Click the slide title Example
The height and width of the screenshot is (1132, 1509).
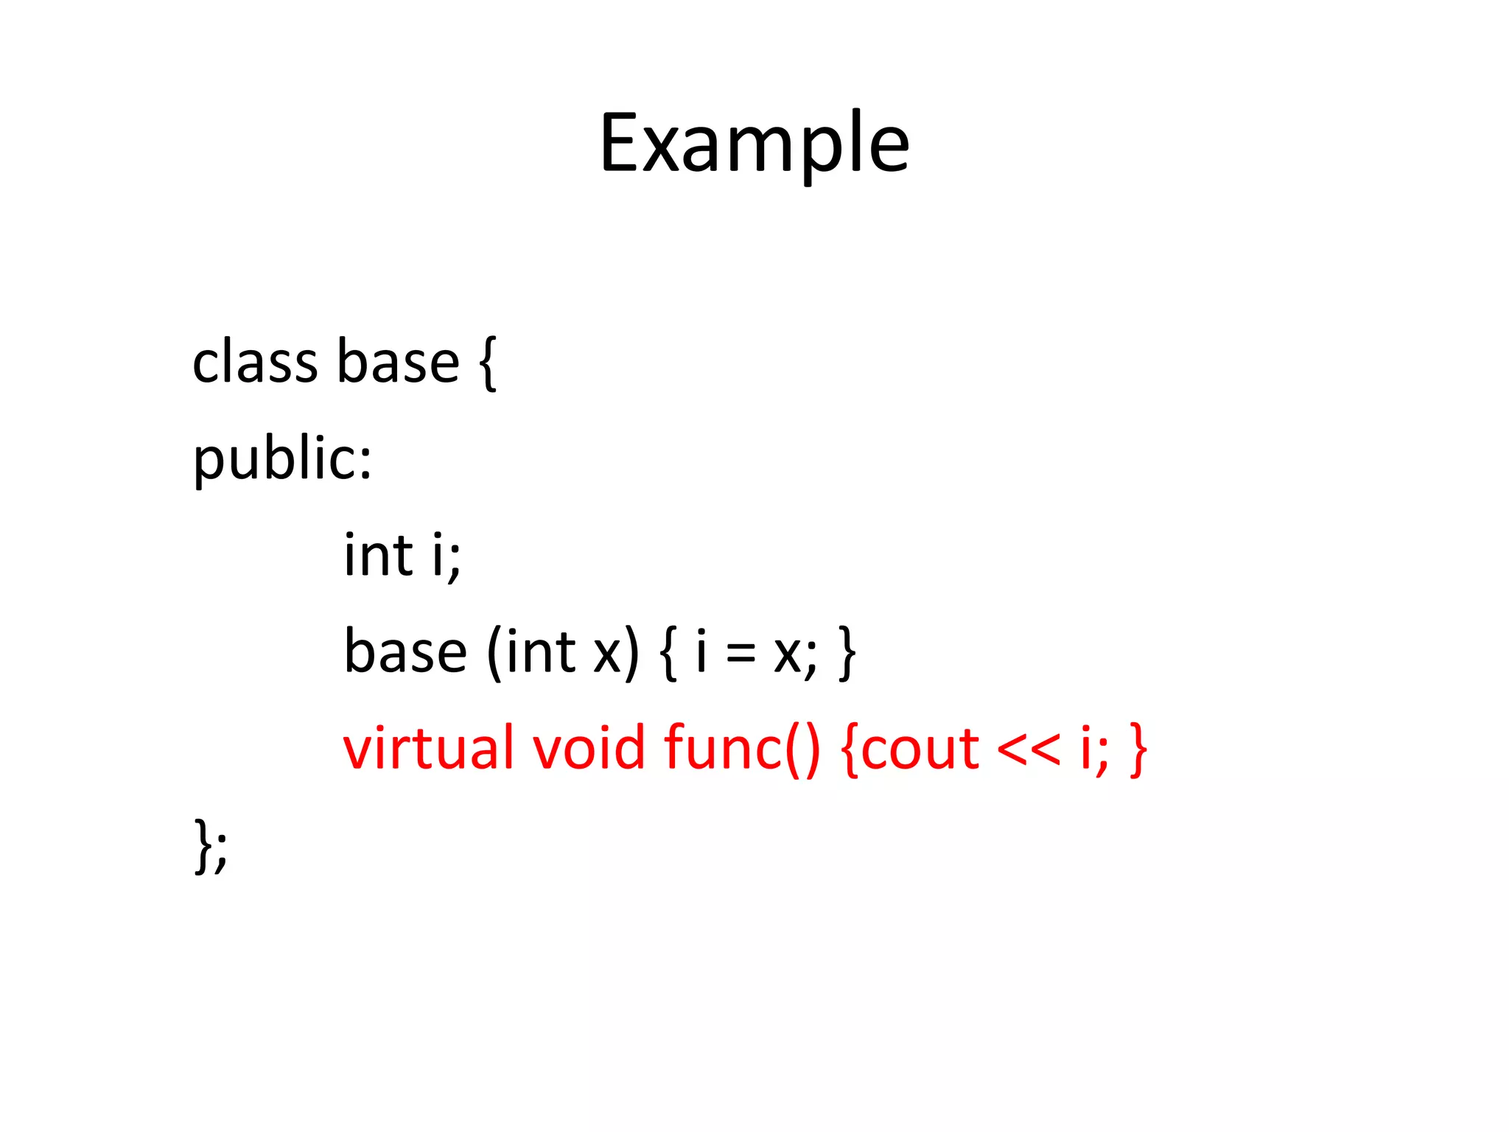pos(754,144)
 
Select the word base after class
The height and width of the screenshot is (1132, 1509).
pos(398,362)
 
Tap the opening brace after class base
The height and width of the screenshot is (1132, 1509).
pos(488,363)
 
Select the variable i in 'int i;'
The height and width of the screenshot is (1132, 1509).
pos(438,555)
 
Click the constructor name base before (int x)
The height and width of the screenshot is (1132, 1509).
pos(405,651)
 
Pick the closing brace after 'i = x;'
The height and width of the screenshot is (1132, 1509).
pos(847,653)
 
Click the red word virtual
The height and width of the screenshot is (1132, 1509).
pos(428,748)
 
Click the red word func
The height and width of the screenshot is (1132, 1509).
pos(722,748)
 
